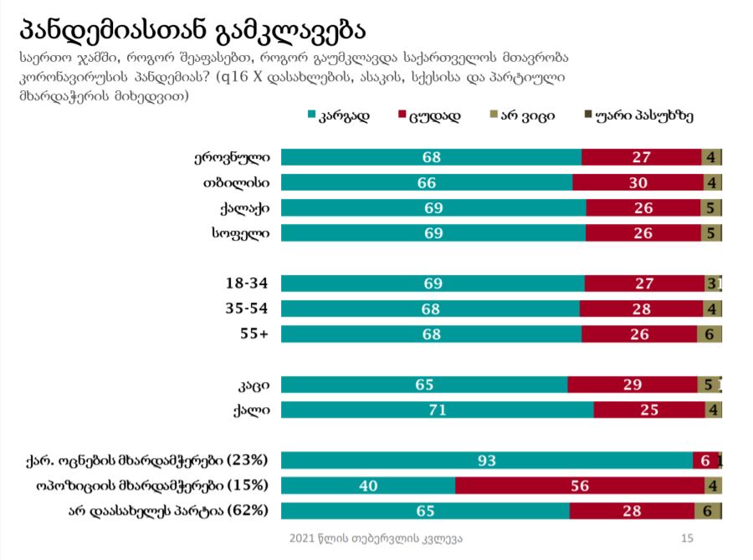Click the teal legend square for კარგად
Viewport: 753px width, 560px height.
tap(312, 115)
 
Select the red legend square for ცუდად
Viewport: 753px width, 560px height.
tap(402, 115)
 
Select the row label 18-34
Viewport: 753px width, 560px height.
tap(248, 283)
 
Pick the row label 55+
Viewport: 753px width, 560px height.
tap(253, 333)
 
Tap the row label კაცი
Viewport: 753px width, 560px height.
tap(252, 384)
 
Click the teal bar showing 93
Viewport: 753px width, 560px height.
tap(486, 461)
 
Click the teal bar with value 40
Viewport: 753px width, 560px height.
tap(368, 486)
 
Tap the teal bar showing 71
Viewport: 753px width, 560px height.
tap(437, 410)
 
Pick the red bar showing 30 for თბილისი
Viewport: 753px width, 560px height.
tap(638, 182)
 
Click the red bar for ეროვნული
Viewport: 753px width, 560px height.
tap(641, 157)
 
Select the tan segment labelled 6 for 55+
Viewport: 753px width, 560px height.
tap(709, 333)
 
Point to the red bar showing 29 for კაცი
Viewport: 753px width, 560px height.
tap(632, 384)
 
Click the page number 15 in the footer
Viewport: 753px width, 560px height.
tap(688, 538)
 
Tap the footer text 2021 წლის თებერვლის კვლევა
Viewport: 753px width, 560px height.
tap(376, 538)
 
